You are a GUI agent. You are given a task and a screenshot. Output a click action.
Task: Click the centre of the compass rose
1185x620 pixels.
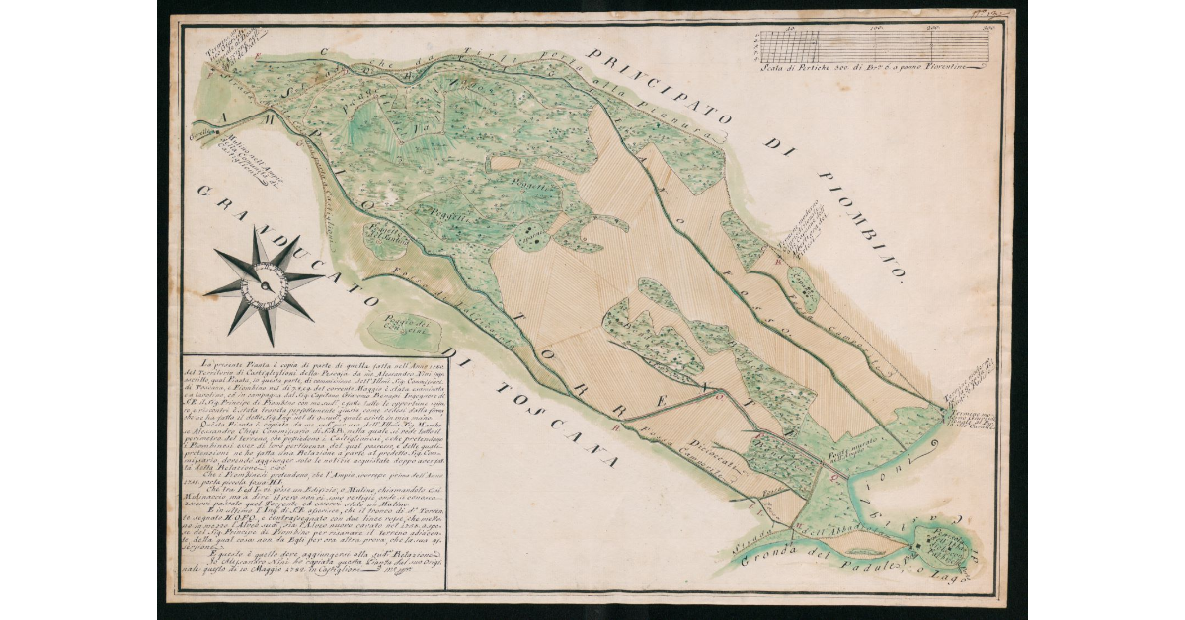265,284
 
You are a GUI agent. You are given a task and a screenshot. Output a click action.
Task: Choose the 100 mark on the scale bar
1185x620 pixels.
873,31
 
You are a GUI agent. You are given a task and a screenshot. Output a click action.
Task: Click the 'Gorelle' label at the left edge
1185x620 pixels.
203,137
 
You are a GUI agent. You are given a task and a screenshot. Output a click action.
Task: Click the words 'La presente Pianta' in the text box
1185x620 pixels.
233,367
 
